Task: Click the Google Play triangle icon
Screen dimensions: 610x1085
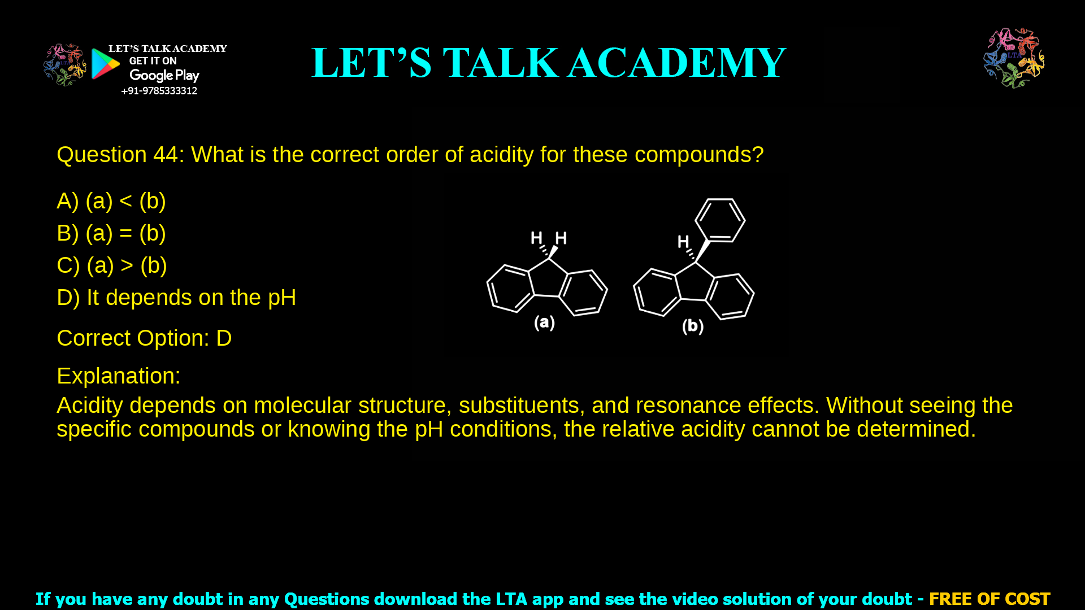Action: tap(106, 64)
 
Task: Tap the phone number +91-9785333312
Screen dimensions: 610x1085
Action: tap(159, 91)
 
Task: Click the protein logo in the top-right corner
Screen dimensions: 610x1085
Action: tap(1014, 58)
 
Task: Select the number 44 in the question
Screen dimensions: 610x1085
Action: tap(166, 155)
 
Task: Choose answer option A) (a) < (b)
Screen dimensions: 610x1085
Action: tap(111, 201)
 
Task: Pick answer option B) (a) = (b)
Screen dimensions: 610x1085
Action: tap(111, 233)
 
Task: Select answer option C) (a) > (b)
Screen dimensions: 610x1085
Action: tap(112, 265)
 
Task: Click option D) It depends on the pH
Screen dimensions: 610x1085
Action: tap(176, 298)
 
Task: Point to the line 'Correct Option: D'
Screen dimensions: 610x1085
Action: tap(144, 338)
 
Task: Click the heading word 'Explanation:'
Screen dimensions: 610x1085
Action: tap(119, 376)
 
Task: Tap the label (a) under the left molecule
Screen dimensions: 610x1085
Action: tap(544, 323)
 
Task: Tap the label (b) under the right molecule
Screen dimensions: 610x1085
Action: tap(692, 326)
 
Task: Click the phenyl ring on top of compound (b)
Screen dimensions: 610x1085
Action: tap(720, 220)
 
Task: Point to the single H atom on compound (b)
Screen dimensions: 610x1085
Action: tap(683, 242)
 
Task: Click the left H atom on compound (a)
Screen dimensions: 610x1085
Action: tap(536, 238)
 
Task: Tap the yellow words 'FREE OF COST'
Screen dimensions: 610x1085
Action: tap(989, 599)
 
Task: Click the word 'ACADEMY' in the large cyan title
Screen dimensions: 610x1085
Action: tap(676, 63)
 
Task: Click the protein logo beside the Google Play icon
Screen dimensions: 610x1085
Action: tap(64, 64)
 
